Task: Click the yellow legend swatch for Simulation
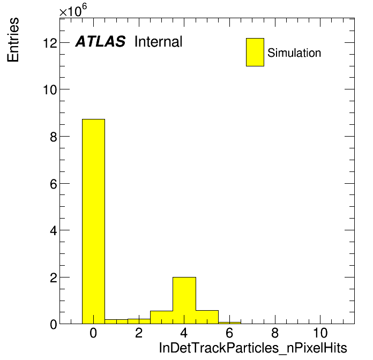[x=255, y=52]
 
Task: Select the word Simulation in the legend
[x=294, y=53]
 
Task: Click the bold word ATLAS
[x=100, y=41]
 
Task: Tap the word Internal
[x=159, y=41]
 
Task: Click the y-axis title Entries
[x=13, y=40]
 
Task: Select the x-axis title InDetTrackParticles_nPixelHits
[x=253, y=348]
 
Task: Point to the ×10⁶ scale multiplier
[x=73, y=10]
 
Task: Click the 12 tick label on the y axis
[x=50, y=43]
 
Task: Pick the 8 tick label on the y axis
[x=54, y=137]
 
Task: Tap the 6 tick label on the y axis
[x=54, y=184]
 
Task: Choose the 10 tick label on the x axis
[x=320, y=333]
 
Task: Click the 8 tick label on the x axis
[x=275, y=333]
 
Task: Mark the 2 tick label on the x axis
[x=139, y=333]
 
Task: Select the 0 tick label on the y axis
[x=54, y=325]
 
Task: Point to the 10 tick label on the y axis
[x=50, y=90]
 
